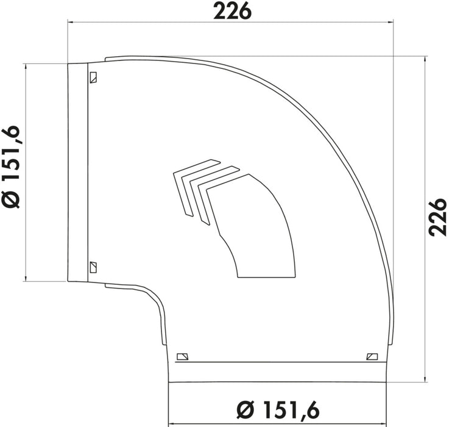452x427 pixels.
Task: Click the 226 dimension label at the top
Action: coord(232,12)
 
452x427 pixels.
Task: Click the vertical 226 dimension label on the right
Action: coord(437,217)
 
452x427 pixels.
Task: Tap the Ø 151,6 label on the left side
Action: coord(12,167)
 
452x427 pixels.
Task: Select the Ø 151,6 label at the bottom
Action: coord(278,410)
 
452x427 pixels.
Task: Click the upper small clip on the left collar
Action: coord(93,77)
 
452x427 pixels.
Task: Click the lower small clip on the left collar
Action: coord(93,267)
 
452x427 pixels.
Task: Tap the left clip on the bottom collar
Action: coord(182,357)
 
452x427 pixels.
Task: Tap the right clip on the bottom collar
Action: coord(372,357)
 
